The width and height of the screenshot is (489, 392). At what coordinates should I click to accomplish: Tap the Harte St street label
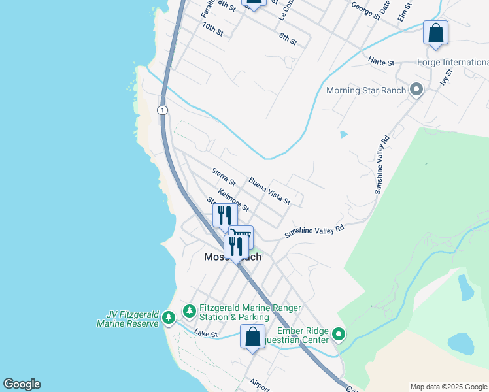click(x=381, y=63)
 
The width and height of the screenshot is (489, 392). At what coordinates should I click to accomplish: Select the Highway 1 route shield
click(x=161, y=110)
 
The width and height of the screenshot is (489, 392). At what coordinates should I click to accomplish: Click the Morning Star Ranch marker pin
click(x=416, y=90)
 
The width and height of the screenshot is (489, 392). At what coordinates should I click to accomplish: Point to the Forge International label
click(x=452, y=63)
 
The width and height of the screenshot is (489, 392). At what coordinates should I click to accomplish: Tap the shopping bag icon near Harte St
click(x=435, y=33)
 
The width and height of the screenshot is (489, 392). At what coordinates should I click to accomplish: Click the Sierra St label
click(x=224, y=176)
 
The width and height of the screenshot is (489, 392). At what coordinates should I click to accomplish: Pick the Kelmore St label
click(x=233, y=200)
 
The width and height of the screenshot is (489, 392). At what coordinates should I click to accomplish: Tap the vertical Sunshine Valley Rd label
click(x=381, y=165)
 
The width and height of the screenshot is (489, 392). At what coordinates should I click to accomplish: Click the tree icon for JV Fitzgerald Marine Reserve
click(x=169, y=318)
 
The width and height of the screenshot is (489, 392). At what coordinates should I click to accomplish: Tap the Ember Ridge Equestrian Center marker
click(x=339, y=335)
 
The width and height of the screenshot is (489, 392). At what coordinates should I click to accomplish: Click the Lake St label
click(x=205, y=334)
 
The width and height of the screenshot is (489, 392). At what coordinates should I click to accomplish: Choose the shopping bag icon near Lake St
click(x=252, y=336)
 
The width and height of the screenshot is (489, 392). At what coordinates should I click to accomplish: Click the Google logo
click(x=22, y=384)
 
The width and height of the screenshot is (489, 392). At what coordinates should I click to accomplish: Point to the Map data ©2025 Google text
click(x=448, y=387)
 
